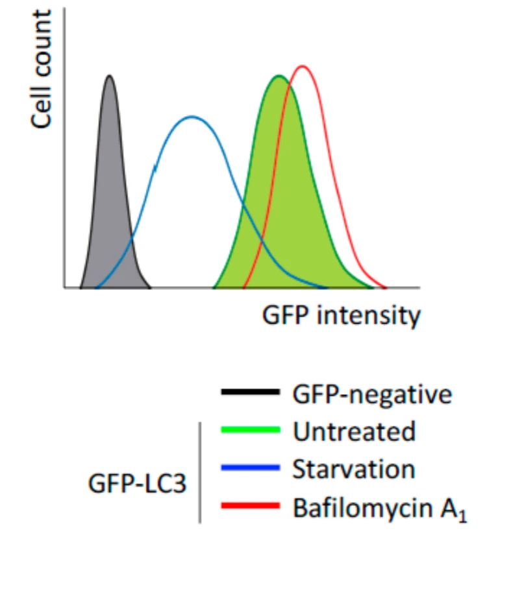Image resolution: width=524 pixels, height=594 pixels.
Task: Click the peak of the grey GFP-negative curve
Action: (110, 76)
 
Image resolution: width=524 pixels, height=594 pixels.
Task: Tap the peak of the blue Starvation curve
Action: (192, 117)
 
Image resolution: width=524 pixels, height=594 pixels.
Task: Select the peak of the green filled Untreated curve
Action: (279, 76)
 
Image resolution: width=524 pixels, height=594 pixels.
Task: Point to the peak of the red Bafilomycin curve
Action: (302, 66)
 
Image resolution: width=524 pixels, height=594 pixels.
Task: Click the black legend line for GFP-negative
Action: (251, 392)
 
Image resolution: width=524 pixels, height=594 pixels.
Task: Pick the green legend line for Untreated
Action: (251, 430)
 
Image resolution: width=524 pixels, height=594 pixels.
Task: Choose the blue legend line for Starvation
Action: (251, 468)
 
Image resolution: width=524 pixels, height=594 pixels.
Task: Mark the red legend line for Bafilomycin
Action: (251, 506)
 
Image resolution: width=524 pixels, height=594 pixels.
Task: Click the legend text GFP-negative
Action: (371, 394)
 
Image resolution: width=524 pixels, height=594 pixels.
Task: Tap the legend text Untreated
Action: (353, 431)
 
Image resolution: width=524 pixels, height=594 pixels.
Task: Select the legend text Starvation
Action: (353, 469)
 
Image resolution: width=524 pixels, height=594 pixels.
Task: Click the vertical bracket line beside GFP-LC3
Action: (200, 472)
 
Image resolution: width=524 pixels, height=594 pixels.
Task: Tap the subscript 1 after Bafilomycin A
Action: (462, 517)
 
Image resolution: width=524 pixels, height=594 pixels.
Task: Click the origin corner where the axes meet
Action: (64, 287)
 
